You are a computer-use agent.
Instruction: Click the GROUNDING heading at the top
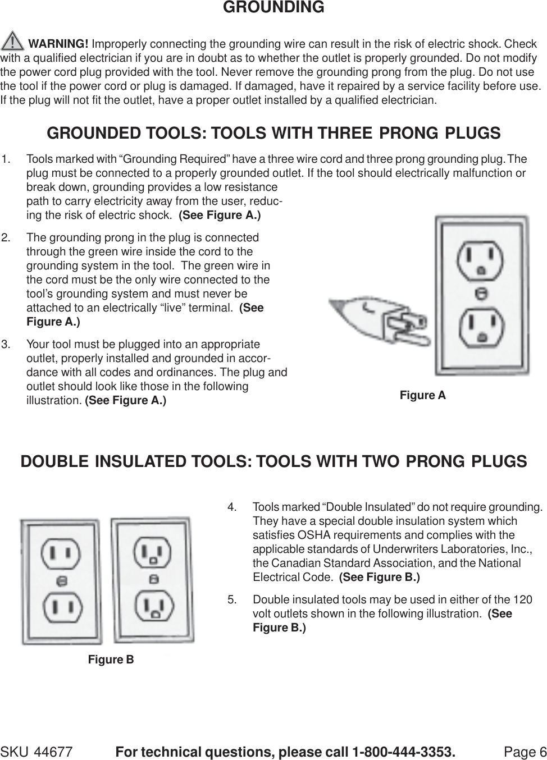tap(273, 8)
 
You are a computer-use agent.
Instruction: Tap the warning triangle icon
tap(13, 43)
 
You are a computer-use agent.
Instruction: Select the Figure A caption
tap(422, 396)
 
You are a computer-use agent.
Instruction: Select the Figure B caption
tap(111, 660)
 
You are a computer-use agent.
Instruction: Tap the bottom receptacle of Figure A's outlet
tap(479, 326)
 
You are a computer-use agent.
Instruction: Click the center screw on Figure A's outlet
tap(479, 292)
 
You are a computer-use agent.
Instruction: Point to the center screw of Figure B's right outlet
tap(152, 579)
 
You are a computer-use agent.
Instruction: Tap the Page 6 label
tap(525, 752)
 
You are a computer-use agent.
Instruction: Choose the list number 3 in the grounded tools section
tap(6, 344)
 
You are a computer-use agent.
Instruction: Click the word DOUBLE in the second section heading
tap(54, 461)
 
